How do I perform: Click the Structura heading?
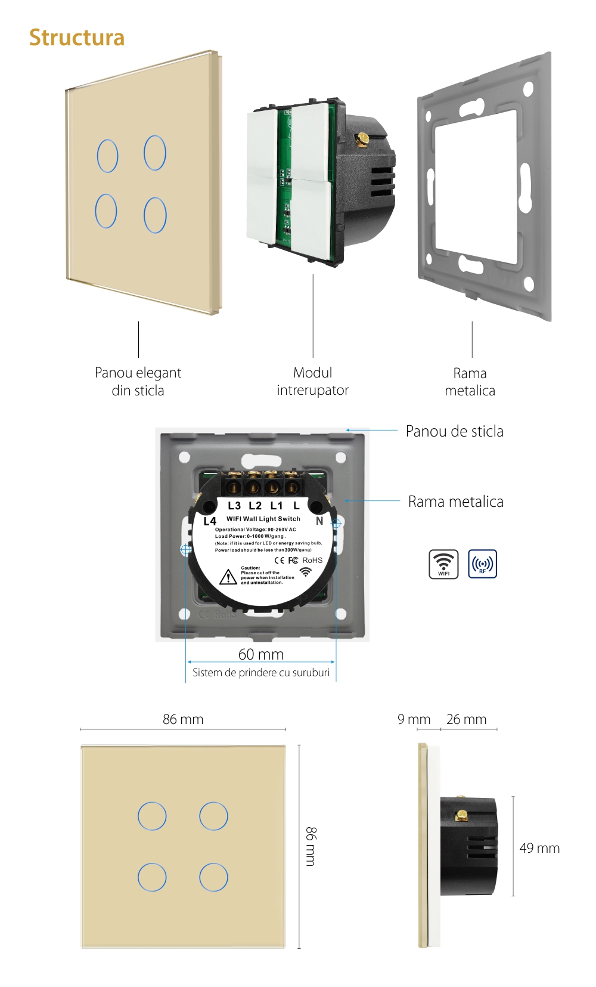[x=77, y=38]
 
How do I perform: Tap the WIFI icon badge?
[x=443, y=564]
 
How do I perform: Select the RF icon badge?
[x=482, y=564]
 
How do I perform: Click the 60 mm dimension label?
[x=261, y=654]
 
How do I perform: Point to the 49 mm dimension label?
[x=539, y=848]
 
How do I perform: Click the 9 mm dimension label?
[x=414, y=719]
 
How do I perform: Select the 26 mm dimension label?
[x=466, y=719]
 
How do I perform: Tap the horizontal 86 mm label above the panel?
[x=183, y=719]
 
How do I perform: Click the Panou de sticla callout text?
[x=454, y=431]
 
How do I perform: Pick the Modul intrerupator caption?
[x=312, y=382]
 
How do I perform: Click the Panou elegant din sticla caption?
[x=138, y=382]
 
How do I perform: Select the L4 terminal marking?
[x=210, y=521]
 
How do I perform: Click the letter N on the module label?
[x=319, y=521]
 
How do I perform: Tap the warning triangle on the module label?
[x=228, y=577]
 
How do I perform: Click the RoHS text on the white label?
[x=312, y=560]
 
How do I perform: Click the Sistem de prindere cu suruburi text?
[x=261, y=673]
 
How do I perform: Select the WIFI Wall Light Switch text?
[x=263, y=519]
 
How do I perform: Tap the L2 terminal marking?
[x=255, y=506]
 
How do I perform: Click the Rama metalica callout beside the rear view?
[x=455, y=502]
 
